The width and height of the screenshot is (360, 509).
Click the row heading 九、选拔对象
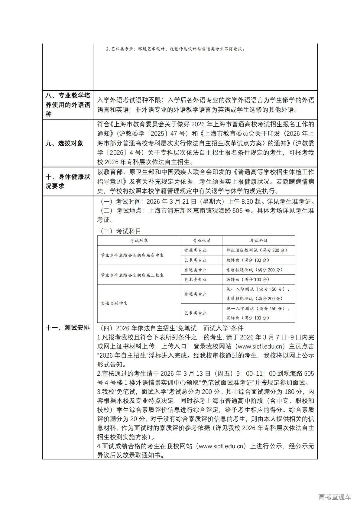(64, 143)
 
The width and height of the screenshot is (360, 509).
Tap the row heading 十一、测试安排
(67, 328)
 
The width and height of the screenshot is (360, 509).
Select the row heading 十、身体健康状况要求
(68, 181)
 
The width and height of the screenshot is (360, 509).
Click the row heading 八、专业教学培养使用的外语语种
(68, 105)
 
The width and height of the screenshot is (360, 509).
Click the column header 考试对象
(139, 241)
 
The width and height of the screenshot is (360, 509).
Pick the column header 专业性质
(202, 241)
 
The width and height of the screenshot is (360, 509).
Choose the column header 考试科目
(259, 241)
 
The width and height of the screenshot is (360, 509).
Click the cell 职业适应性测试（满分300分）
(257, 250)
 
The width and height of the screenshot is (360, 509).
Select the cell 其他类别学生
(114, 303)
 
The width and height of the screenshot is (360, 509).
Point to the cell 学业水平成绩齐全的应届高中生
(132, 255)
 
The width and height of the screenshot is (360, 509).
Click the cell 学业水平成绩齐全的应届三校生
(132, 275)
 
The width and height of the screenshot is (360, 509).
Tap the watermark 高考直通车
(335, 497)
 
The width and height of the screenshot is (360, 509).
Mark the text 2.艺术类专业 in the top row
(119, 49)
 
